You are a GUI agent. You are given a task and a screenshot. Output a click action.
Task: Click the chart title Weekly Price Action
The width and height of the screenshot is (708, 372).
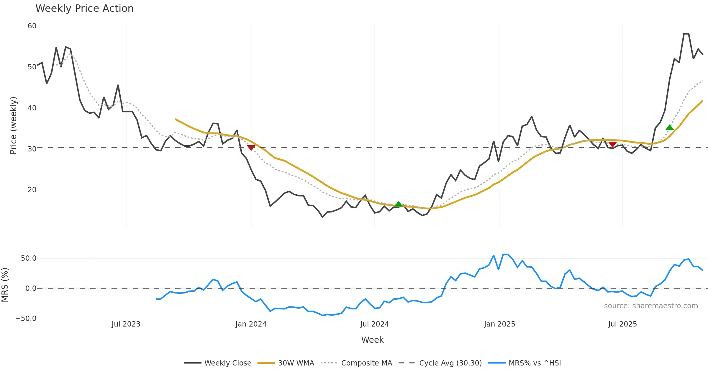coord(84,9)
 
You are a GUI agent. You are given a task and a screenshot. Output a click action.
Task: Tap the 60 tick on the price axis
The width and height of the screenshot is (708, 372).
coord(32,26)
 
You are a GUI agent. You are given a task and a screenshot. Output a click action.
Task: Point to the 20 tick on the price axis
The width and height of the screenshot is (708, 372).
coord(32,190)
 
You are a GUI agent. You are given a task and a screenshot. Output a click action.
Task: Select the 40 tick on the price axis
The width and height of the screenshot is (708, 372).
coord(32,108)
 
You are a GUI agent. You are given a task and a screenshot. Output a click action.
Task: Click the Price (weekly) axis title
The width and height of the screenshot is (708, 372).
coord(13,125)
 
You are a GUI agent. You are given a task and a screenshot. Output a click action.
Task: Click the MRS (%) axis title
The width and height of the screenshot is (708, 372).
coord(5,285)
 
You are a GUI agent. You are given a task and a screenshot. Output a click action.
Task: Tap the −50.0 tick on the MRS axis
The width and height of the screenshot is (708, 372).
coord(26,319)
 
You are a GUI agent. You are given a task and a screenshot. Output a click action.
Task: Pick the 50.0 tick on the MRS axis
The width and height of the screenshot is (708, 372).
coord(28,258)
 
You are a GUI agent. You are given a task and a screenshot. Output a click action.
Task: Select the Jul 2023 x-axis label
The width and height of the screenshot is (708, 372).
coord(126,324)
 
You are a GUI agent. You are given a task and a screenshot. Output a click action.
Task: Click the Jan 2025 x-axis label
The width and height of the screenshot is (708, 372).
coord(499,324)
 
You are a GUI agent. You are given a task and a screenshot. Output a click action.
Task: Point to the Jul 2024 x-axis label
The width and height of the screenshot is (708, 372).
coord(375,324)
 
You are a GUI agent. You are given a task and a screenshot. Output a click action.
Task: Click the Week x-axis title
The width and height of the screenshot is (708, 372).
coord(372,340)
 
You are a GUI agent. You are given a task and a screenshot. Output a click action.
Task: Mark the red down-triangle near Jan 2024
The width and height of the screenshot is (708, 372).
coord(251,148)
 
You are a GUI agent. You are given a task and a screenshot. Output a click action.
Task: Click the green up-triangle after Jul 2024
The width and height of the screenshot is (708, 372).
coord(399,204)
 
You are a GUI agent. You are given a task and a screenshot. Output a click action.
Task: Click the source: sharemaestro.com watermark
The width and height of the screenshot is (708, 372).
coord(651,306)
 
